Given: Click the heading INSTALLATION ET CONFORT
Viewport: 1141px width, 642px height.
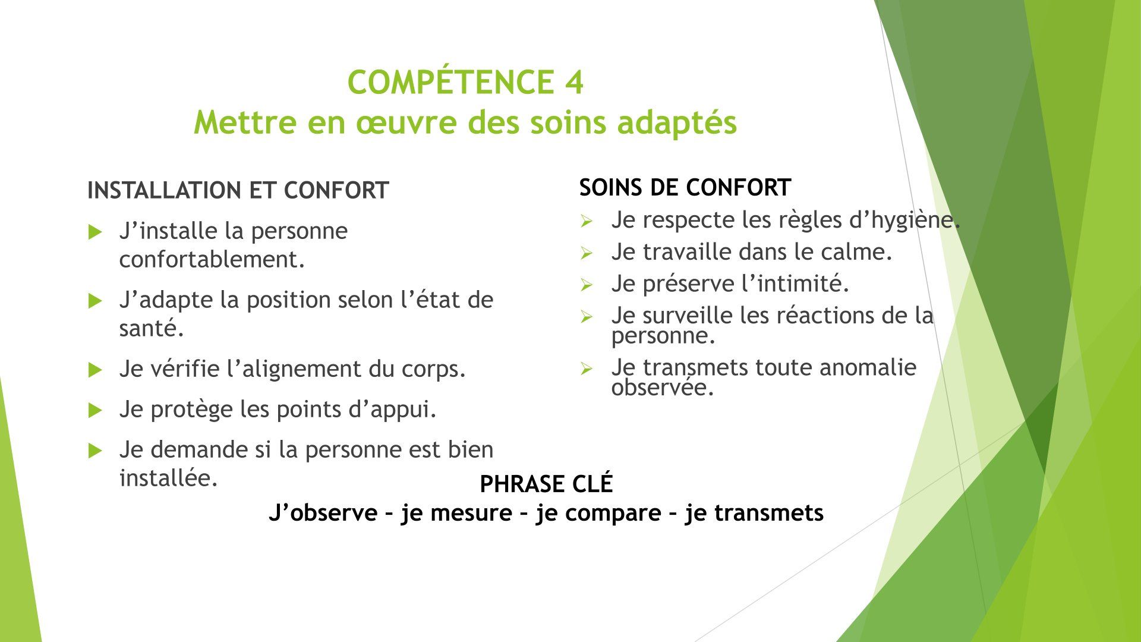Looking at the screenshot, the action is click(238, 191).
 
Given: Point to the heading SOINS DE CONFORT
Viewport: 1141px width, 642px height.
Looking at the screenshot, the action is click(685, 188).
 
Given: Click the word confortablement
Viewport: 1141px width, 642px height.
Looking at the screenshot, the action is click(212, 259).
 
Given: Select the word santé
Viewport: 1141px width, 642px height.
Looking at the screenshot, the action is click(152, 328).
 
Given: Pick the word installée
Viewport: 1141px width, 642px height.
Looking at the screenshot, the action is click(166, 478).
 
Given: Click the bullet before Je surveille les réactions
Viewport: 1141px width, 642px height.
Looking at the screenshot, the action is click(587, 317).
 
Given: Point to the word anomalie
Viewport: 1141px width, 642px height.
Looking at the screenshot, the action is click(868, 367).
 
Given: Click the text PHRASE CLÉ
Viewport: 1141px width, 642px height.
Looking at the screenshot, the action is click(546, 484).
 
